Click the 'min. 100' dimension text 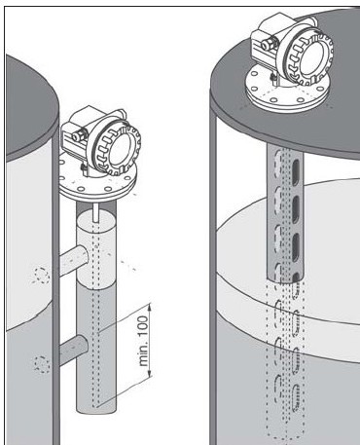(144, 341)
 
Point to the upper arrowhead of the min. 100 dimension (150, 308)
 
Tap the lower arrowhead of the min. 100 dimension (150, 374)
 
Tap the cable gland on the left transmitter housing (78, 135)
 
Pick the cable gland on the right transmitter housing (268, 43)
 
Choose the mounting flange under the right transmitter (287, 90)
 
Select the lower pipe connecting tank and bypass (74, 350)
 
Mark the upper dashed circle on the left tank (42, 276)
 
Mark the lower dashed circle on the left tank (42, 364)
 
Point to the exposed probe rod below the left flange (95, 212)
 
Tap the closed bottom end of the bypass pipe (96, 410)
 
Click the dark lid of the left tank (29, 107)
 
